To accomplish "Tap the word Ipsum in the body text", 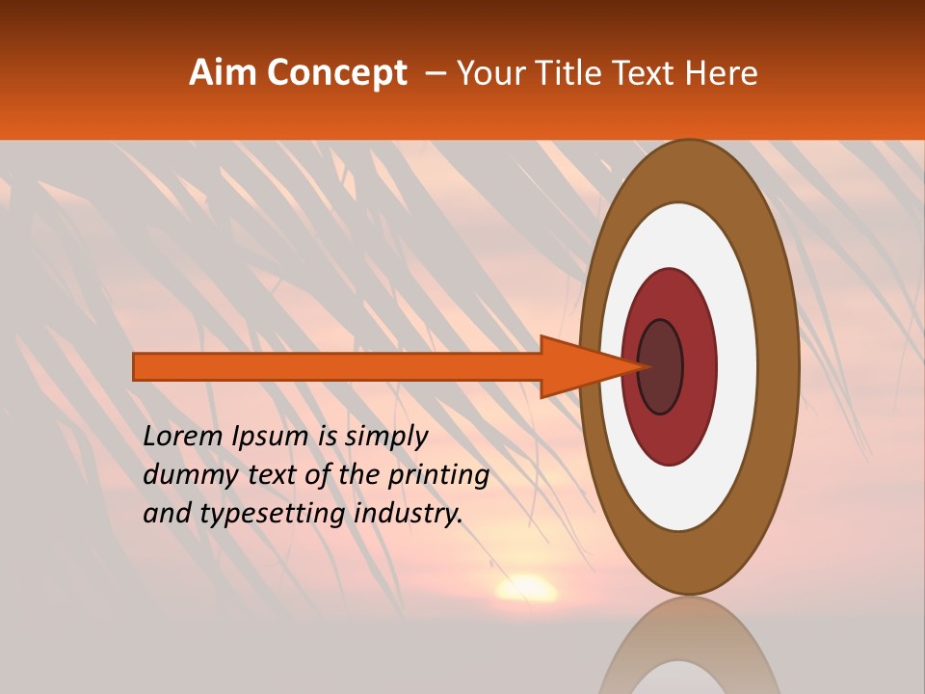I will click(x=271, y=437).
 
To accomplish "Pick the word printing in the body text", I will click(x=438, y=475).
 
